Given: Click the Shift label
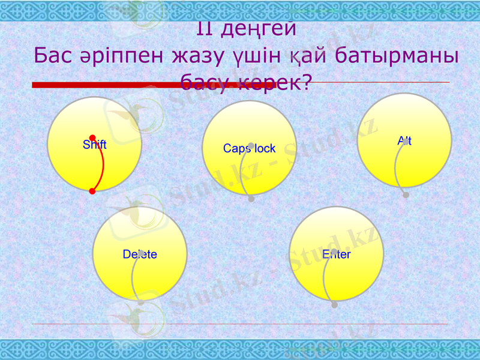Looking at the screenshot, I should [94, 145].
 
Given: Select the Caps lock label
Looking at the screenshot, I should [249, 148].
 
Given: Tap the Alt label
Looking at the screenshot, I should [404, 141].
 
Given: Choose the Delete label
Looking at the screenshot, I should [140, 254].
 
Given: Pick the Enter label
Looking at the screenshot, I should [336, 254].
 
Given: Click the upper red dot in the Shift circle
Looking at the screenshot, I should [92, 137].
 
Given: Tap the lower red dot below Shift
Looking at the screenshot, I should [92, 191].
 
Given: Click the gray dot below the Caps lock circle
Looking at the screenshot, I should [251, 199].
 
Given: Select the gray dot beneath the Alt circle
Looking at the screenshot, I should [406, 195].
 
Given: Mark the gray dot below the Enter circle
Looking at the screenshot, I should [334, 305].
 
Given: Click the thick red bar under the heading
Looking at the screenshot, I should [120, 85].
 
